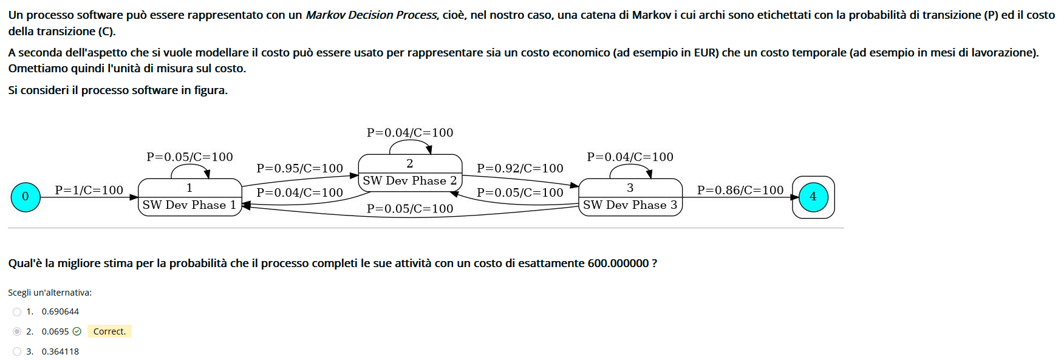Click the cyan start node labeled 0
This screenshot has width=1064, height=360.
[x=26, y=197]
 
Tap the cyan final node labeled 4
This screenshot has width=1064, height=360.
[x=813, y=197]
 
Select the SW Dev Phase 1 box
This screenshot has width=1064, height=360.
[x=189, y=197]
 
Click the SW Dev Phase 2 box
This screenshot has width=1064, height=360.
[x=410, y=172]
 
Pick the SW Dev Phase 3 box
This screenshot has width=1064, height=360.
[x=630, y=197]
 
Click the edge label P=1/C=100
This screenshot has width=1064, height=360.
[x=89, y=190]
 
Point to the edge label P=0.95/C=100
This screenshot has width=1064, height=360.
[x=299, y=168]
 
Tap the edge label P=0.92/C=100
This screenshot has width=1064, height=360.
[x=520, y=168]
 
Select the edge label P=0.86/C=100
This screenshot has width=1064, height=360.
[x=740, y=190]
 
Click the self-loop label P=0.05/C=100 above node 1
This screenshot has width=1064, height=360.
[x=189, y=157]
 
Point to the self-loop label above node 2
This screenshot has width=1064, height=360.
[x=410, y=132]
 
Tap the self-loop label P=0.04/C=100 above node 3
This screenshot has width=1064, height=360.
[x=630, y=157]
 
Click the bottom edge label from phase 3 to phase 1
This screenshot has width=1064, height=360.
[x=410, y=209]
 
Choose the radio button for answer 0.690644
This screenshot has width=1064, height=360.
[x=17, y=312]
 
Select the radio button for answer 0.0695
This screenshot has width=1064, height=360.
[x=17, y=331]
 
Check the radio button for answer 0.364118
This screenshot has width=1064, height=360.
[x=17, y=352]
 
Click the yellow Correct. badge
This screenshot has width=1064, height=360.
[x=109, y=331]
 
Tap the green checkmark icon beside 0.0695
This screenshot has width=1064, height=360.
[x=77, y=331]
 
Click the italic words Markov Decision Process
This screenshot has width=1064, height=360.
[x=371, y=15]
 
